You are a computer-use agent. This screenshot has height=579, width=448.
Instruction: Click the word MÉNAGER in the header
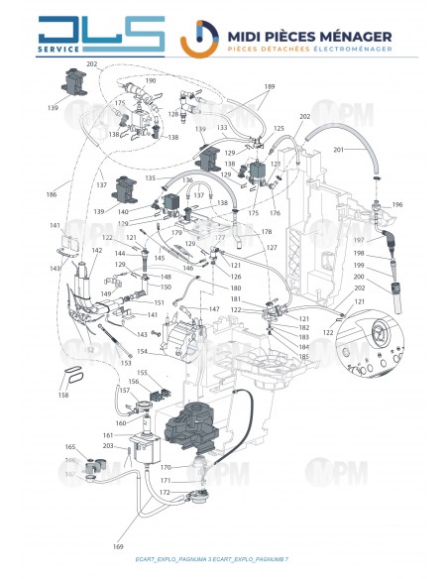tap(349, 37)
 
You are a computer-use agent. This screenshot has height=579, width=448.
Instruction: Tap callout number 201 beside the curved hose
tap(339, 149)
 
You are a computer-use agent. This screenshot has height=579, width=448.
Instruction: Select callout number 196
tap(397, 204)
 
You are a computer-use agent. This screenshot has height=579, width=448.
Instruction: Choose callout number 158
tap(63, 396)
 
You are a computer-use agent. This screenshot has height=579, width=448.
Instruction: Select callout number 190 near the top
tap(151, 79)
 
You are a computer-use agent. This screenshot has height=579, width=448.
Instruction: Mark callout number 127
tap(272, 247)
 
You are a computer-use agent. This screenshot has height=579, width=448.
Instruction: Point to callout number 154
tap(142, 352)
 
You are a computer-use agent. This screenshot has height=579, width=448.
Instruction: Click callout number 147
tap(214, 309)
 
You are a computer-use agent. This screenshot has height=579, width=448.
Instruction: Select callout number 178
tap(266, 231)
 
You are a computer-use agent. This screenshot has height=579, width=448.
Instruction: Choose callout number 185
tap(303, 356)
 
